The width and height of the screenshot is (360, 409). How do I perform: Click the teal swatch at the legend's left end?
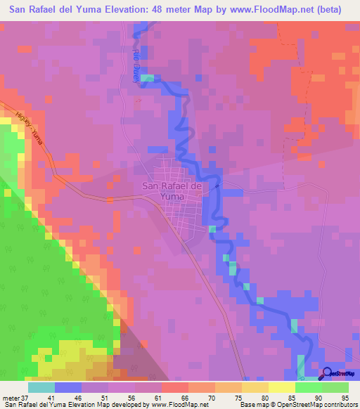click(41, 387)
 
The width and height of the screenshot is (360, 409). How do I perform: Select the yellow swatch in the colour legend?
click(281, 387)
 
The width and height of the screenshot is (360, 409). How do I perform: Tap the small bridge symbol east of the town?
click(219, 186)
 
